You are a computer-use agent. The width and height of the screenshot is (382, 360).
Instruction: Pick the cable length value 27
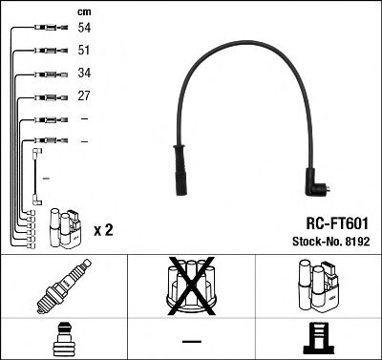(x=85, y=96)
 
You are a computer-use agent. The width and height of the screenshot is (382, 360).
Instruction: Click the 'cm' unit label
(x=84, y=11)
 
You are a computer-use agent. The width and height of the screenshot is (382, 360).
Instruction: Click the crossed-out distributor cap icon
(x=191, y=287)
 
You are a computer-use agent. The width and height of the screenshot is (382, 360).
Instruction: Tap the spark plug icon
(x=62, y=287)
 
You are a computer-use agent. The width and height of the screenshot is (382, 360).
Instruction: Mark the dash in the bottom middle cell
(x=191, y=340)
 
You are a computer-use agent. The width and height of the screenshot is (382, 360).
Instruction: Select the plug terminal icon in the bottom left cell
(x=62, y=339)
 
